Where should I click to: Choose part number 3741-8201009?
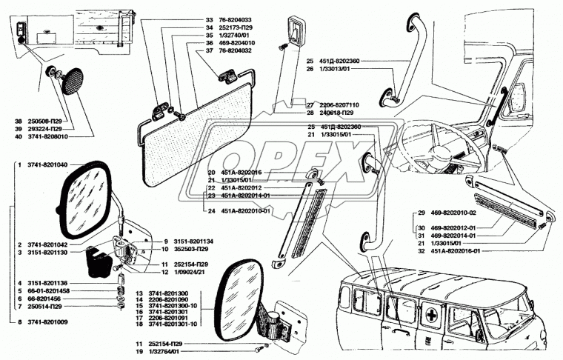tap(48, 323)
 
